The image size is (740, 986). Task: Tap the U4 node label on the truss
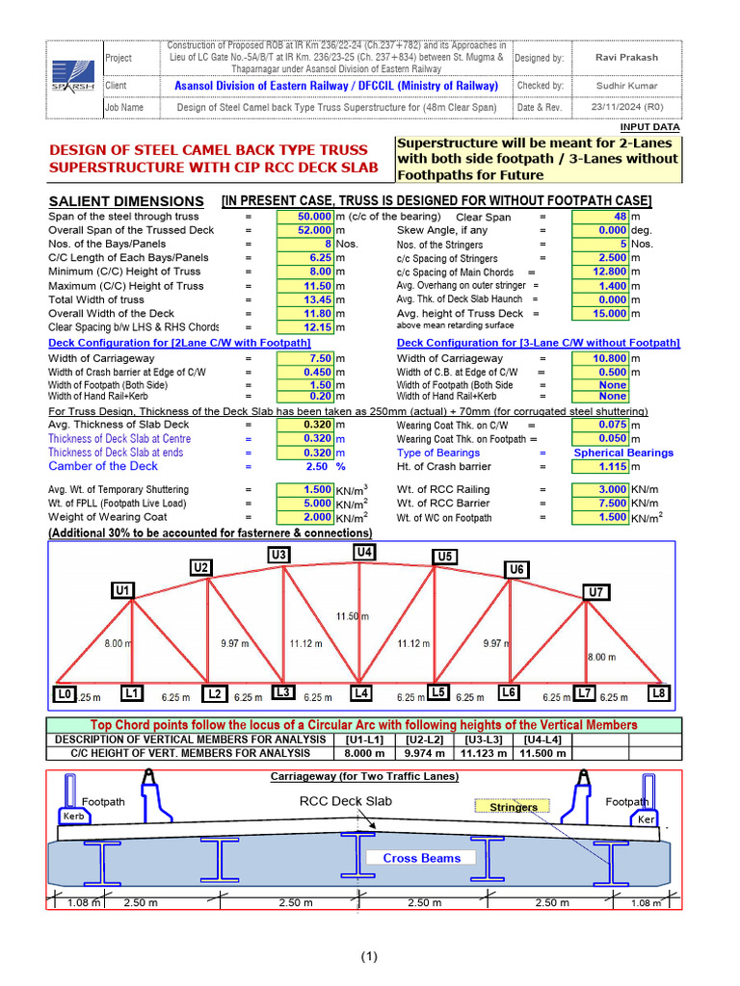(364, 552)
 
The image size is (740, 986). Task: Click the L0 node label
(64, 693)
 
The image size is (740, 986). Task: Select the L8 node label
(659, 693)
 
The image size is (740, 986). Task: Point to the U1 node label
(123, 590)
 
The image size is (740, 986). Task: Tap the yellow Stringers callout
(514, 807)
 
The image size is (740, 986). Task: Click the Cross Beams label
(422, 858)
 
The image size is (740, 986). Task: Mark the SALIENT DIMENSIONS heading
(126, 201)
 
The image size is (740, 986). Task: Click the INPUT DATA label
(649, 127)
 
